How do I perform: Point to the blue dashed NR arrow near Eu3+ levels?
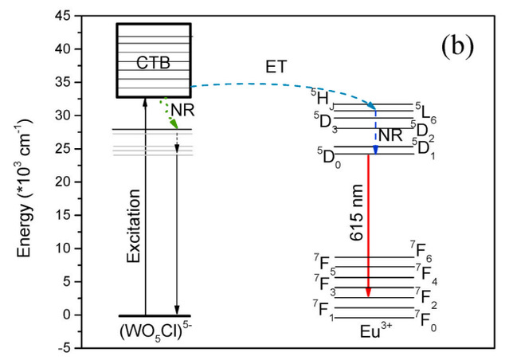[375, 131]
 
